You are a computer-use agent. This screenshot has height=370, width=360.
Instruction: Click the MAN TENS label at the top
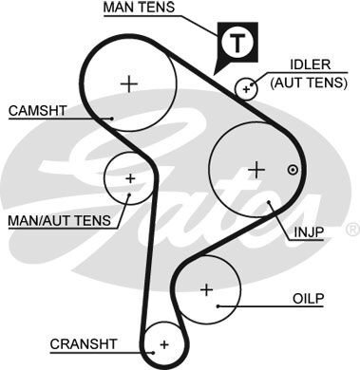(x=140, y=9)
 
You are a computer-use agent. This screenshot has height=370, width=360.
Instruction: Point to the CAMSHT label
(x=38, y=110)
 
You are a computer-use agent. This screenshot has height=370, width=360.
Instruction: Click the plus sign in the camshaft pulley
(x=129, y=83)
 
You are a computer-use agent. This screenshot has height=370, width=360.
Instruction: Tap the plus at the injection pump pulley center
(x=255, y=170)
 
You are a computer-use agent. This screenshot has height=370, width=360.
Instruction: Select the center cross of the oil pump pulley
(x=206, y=288)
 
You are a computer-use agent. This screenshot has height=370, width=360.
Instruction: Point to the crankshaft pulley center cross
(x=164, y=343)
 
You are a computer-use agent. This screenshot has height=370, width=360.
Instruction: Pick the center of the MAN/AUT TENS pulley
(x=130, y=177)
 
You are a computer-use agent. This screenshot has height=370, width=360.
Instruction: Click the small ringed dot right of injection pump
(x=293, y=171)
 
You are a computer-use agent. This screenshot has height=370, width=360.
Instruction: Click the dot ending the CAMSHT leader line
(x=112, y=119)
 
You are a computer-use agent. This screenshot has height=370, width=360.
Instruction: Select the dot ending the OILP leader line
(x=218, y=305)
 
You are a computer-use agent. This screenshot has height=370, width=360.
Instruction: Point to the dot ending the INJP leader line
(x=272, y=201)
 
